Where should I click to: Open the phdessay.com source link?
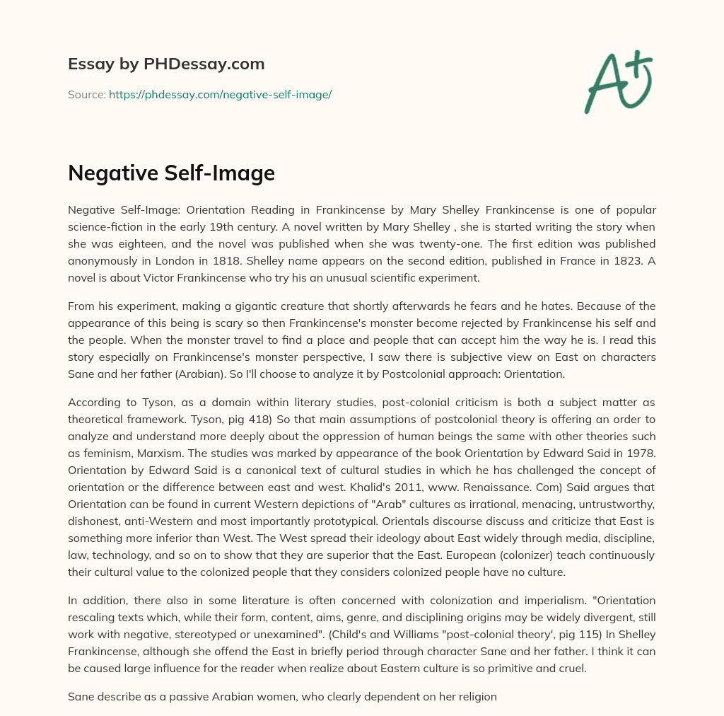pos(220,94)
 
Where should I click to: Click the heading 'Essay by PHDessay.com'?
pos(166,64)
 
